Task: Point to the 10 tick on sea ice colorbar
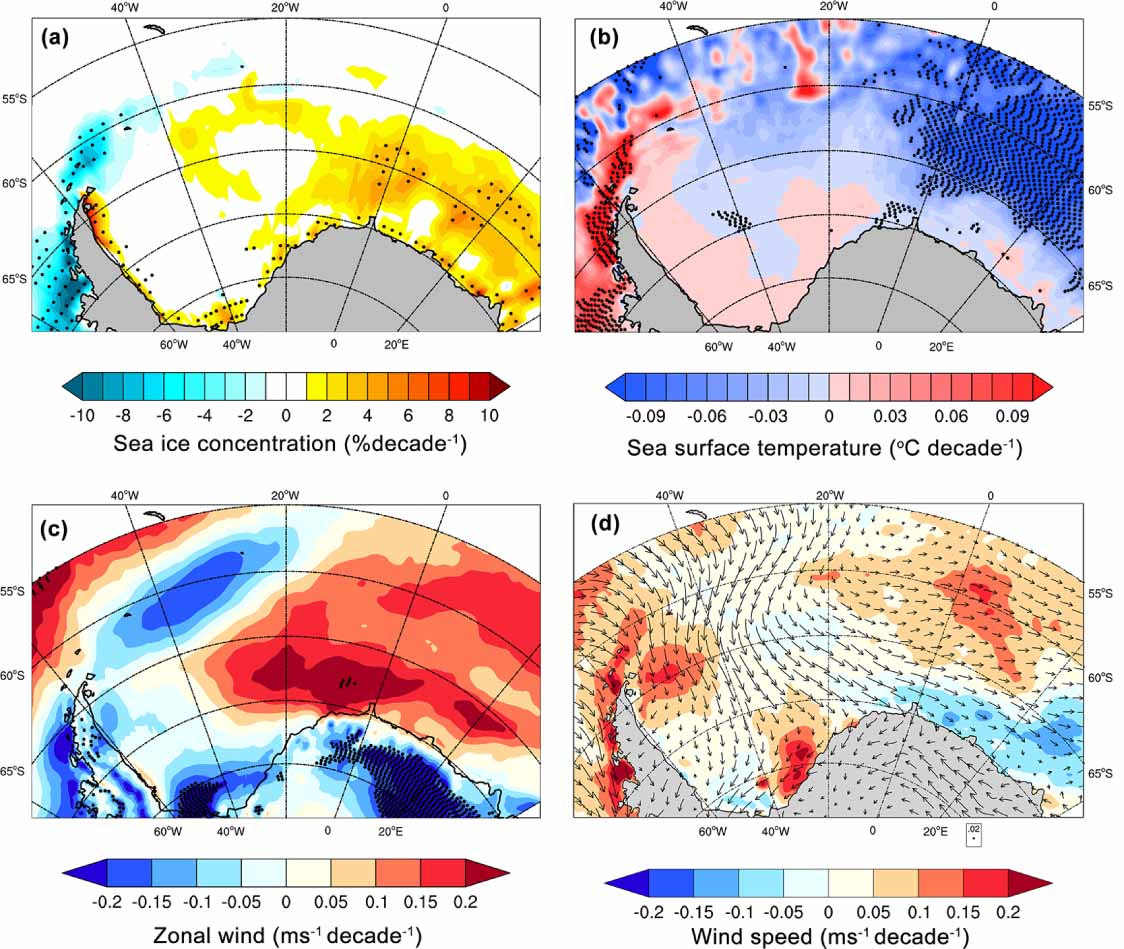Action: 489,413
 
